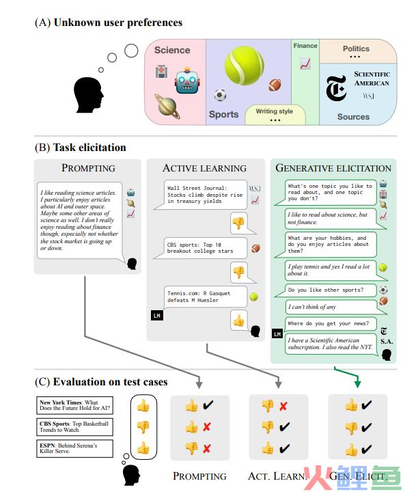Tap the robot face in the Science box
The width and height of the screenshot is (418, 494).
(x=186, y=83)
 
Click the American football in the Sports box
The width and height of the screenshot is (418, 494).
(x=275, y=86)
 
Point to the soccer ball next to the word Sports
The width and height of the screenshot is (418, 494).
(x=220, y=95)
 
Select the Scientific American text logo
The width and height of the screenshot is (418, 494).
(x=372, y=79)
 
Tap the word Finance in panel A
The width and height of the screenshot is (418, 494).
(x=305, y=46)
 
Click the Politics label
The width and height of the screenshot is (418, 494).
(x=356, y=49)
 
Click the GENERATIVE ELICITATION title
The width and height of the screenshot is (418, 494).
(x=333, y=167)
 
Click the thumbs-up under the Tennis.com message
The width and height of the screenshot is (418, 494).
(x=238, y=319)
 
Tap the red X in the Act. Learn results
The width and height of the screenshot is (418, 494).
(x=282, y=406)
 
